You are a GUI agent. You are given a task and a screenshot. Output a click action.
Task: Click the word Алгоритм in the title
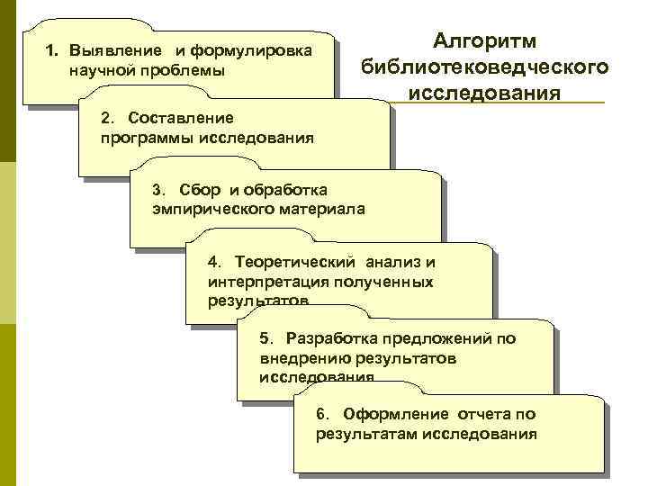coord(484,41)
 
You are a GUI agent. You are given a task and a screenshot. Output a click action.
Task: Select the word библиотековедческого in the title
coord(484,67)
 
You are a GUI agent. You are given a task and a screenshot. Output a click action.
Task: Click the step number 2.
coord(108,119)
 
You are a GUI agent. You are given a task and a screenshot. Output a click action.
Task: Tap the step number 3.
coord(159,190)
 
